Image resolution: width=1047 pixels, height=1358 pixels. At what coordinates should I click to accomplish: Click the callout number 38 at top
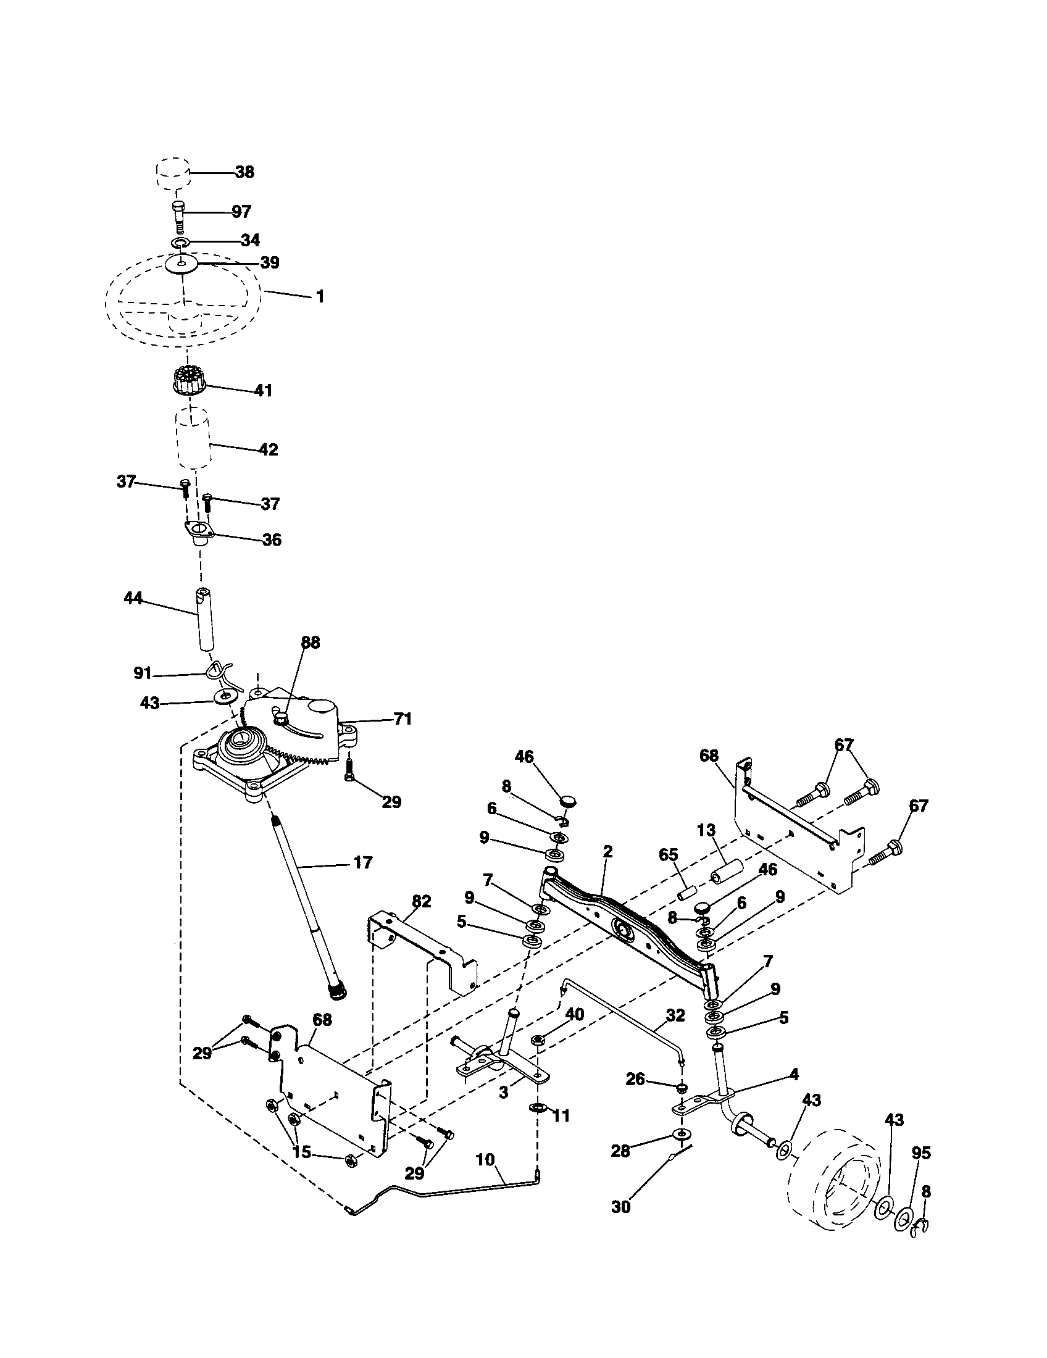[x=244, y=172]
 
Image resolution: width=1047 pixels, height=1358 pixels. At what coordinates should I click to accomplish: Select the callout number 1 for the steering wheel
[x=320, y=296]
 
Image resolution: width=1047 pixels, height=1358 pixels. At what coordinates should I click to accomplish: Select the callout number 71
[x=403, y=719]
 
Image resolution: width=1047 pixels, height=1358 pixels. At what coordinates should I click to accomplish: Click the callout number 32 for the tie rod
[x=675, y=1016]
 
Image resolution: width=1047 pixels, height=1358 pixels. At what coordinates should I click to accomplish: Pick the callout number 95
[x=921, y=1153]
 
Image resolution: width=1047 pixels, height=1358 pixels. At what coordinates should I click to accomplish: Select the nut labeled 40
[x=539, y=1039]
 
